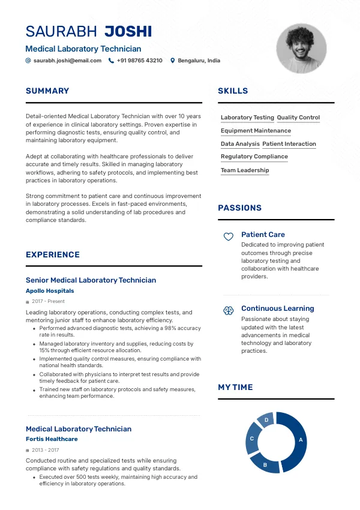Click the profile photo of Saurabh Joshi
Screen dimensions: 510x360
(x=301, y=48)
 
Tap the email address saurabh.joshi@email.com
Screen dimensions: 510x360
(x=67, y=61)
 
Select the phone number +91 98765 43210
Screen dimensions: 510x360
(x=139, y=61)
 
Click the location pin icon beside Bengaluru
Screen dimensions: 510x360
(x=173, y=61)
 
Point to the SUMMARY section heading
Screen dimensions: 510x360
(x=47, y=91)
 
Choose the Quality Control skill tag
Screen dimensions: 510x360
(x=298, y=118)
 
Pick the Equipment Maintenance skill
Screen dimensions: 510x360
(x=256, y=131)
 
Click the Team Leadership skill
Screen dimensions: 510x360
(x=245, y=170)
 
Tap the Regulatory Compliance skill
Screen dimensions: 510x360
(x=254, y=157)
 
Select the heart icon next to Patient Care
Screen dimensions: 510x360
(x=228, y=237)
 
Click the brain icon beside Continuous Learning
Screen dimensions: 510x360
(x=228, y=310)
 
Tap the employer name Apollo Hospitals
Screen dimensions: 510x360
(x=50, y=291)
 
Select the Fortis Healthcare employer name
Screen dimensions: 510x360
(x=52, y=439)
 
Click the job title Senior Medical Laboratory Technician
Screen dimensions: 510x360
(x=91, y=280)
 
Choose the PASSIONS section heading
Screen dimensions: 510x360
(x=239, y=208)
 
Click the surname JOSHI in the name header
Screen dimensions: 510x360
(x=128, y=32)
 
